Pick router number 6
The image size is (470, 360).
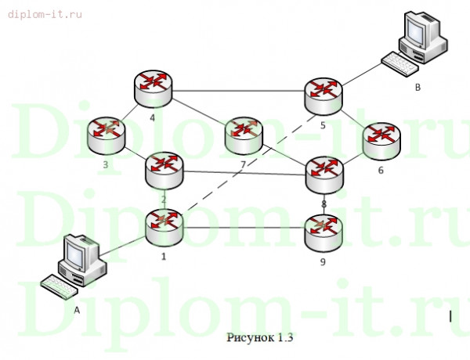tap(381, 139)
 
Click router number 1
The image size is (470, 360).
tap(164, 227)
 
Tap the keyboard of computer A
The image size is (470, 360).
tap(58, 287)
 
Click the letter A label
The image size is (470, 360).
tap(77, 310)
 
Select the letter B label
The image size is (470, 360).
tap(418, 88)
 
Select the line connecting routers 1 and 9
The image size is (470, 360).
tap(243, 228)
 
